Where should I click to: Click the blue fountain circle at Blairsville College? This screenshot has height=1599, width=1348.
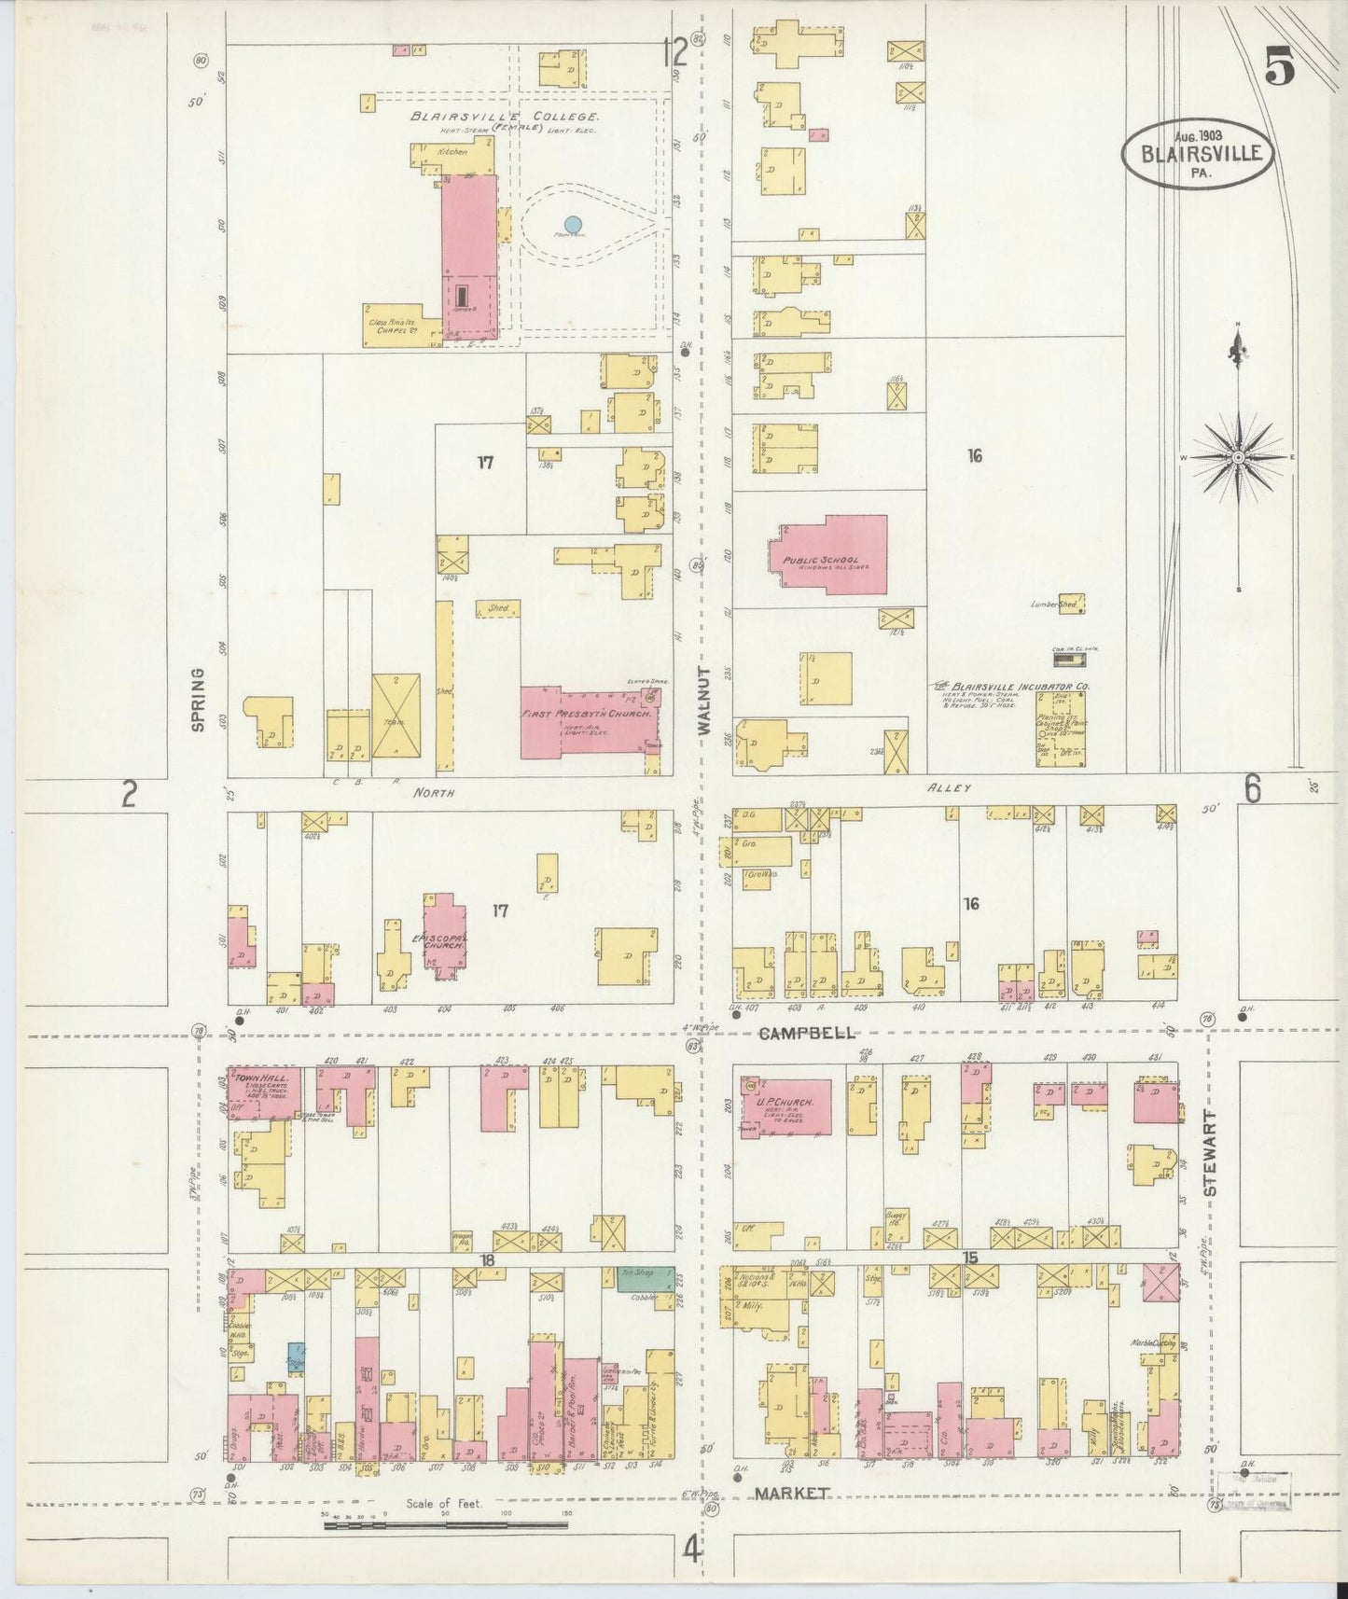pyautogui.click(x=573, y=225)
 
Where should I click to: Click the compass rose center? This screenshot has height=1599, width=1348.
pyautogui.click(x=1238, y=457)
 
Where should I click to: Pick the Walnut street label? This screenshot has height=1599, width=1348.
pyautogui.click(x=705, y=702)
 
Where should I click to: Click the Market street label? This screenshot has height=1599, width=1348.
pyautogui.click(x=791, y=1494)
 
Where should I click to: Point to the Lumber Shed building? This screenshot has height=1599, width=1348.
pyautogui.click(x=1071, y=604)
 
